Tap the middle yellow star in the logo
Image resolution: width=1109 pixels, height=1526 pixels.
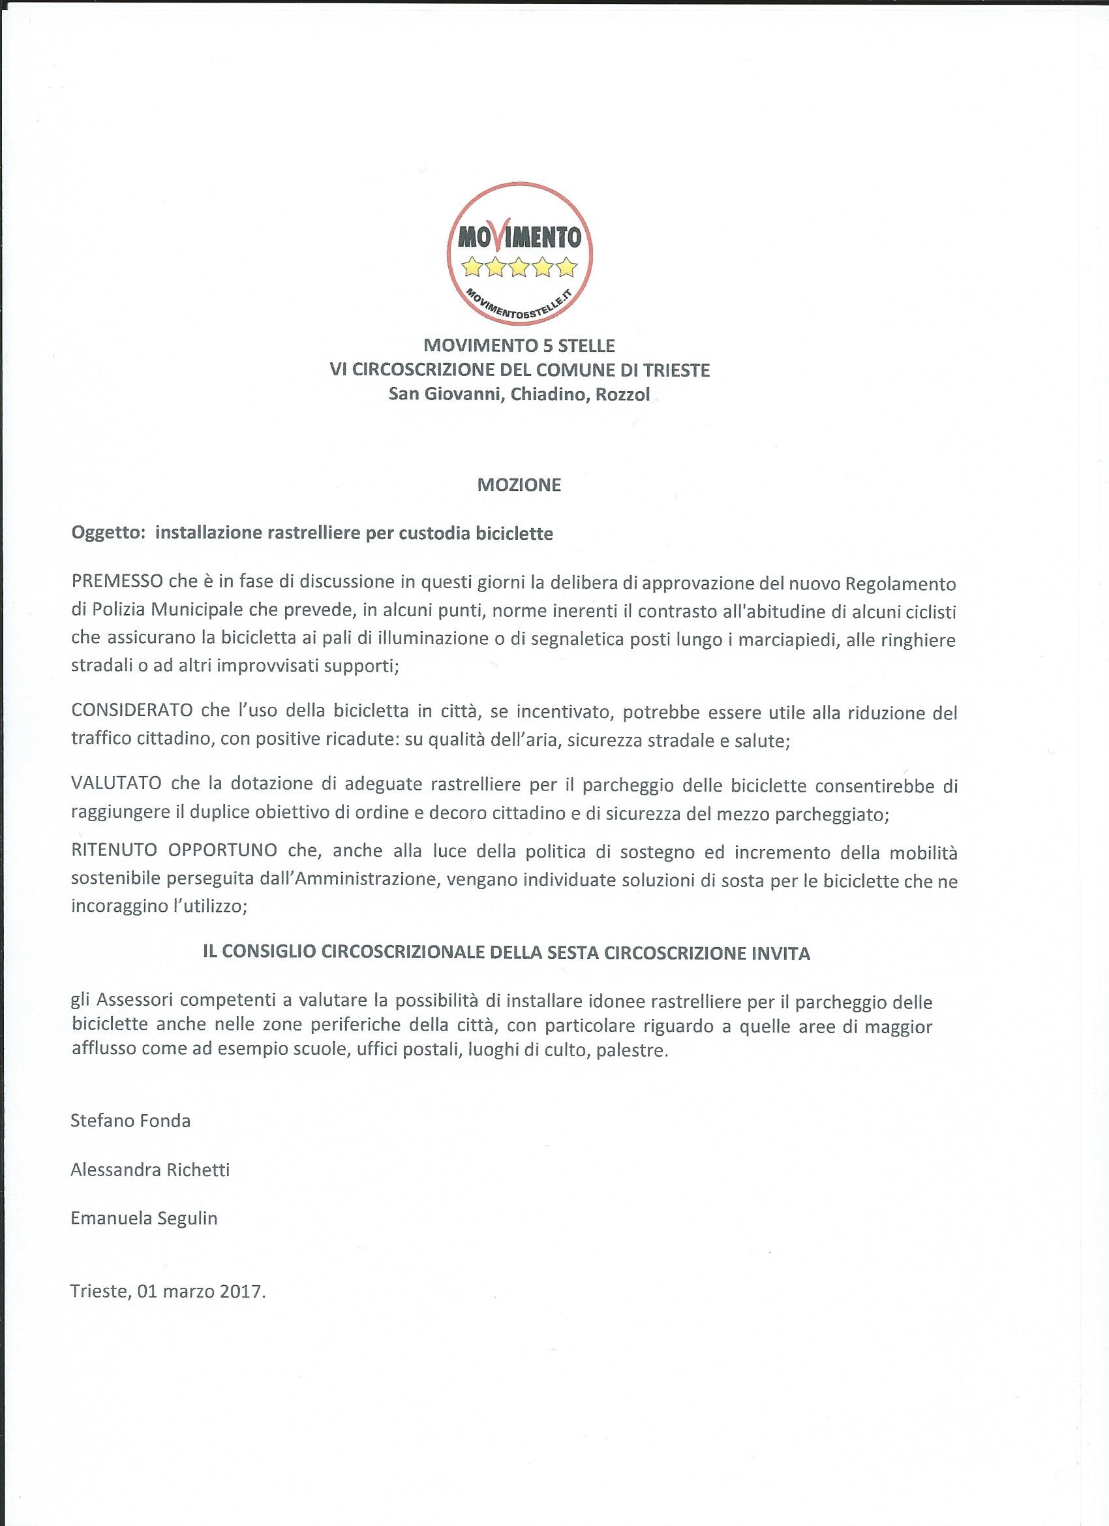(519, 268)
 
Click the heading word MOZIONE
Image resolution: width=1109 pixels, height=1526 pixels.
(519, 485)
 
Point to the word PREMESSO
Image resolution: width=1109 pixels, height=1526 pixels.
(113, 584)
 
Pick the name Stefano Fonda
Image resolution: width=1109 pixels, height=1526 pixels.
(130, 1121)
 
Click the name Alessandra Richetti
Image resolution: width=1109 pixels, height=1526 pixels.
(150, 1170)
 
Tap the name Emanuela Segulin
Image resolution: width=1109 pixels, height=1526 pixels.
(144, 1219)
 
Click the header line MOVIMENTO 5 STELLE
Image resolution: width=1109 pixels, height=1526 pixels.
(519, 346)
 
